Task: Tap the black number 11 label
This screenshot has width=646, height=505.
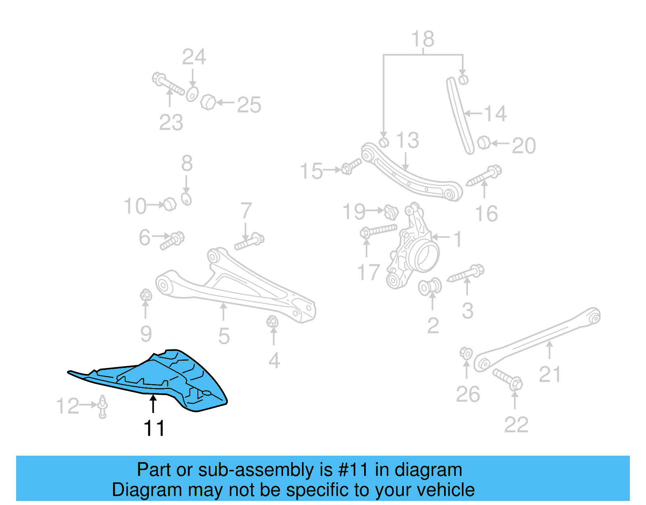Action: click(x=154, y=428)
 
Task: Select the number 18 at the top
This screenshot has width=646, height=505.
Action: click(x=423, y=39)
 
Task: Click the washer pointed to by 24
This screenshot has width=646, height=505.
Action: click(x=192, y=94)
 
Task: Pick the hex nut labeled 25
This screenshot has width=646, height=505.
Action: click(x=208, y=102)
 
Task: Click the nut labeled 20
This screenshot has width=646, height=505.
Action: click(x=483, y=143)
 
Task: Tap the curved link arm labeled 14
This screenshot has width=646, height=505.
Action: click(x=460, y=115)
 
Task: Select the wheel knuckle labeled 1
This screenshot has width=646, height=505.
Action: click(x=414, y=247)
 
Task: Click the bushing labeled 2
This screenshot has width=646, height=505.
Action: click(x=430, y=287)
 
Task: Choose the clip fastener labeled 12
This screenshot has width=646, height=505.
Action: click(x=103, y=406)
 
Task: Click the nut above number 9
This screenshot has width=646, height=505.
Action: click(x=145, y=295)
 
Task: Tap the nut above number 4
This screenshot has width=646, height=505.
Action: click(x=272, y=322)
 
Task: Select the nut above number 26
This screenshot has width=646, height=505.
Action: click(x=466, y=353)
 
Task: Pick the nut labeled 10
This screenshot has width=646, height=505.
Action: click(x=170, y=204)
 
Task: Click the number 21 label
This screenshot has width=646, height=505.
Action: click(x=550, y=374)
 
